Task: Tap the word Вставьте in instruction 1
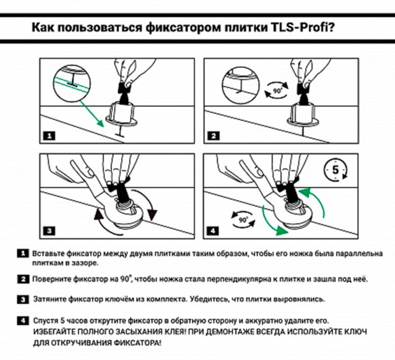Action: point(50,253)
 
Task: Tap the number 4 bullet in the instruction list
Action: point(25,319)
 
